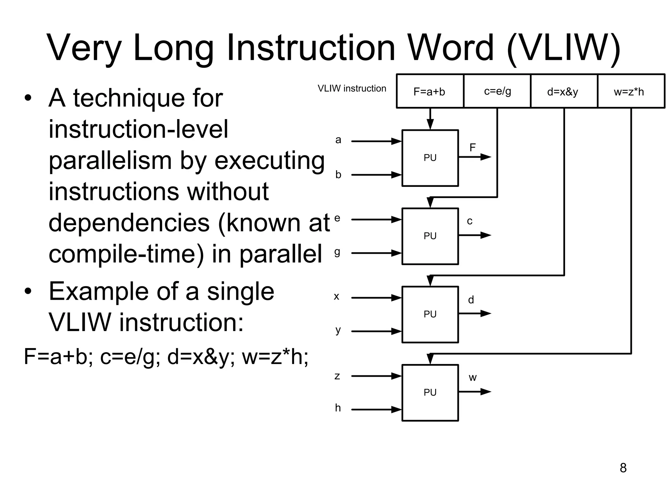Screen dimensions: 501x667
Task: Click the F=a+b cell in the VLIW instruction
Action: click(430, 91)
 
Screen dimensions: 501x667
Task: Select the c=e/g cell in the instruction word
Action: click(497, 91)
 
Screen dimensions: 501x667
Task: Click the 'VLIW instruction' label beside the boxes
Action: click(352, 88)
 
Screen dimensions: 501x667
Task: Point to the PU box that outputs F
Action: click(430, 158)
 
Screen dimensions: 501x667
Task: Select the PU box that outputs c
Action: click(430, 236)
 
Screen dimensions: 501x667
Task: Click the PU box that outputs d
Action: click(430, 314)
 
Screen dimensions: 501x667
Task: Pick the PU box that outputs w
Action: click(430, 392)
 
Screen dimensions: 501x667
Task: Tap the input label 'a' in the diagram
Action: click(338, 140)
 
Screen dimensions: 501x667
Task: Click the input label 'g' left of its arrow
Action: click(337, 252)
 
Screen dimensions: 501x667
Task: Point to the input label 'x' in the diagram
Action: click(336, 296)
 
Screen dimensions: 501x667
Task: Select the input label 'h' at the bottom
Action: click(338, 408)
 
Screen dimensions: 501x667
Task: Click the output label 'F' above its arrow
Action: click(473, 148)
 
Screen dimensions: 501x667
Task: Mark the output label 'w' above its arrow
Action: click(473, 378)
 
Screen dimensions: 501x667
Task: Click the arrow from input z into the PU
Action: click(376, 376)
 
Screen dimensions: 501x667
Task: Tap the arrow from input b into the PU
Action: click(376, 175)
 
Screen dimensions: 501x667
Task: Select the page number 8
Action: click(623, 468)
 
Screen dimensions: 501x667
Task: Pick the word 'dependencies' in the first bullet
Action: click(129, 223)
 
